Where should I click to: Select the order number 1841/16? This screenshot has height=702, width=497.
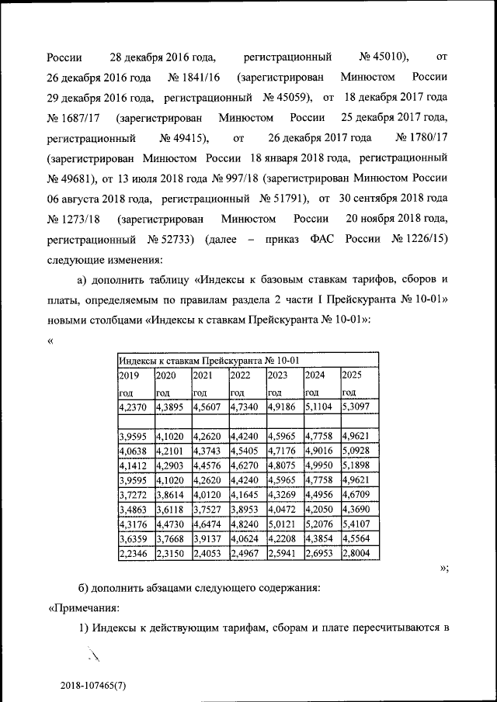[196, 78]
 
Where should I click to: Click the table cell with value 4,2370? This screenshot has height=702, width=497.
[133, 406]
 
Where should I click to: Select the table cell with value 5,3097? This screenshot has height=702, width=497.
[358, 406]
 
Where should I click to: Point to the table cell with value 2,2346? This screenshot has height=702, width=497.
[133, 553]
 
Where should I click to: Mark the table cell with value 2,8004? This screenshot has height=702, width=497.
[358, 553]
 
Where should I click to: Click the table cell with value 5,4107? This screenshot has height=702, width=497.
[358, 524]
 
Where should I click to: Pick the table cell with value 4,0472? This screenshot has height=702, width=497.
[283, 509]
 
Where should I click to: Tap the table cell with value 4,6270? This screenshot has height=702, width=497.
[245, 465]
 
